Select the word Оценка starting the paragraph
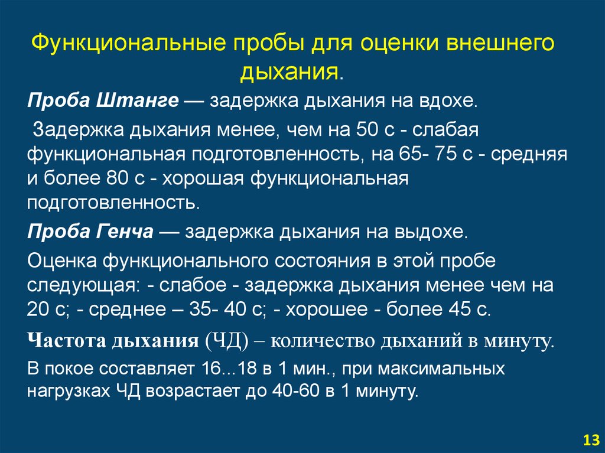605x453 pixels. click(x=62, y=261)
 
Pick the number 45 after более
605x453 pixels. click(x=460, y=309)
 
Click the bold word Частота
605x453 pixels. click(x=66, y=341)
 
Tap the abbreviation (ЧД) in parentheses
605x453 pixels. click(x=227, y=341)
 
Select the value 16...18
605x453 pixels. click(x=229, y=369)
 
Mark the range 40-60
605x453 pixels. click(x=296, y=391)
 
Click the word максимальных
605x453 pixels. click(x=441, y=369)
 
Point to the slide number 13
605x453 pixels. click(x=591, y=440)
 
